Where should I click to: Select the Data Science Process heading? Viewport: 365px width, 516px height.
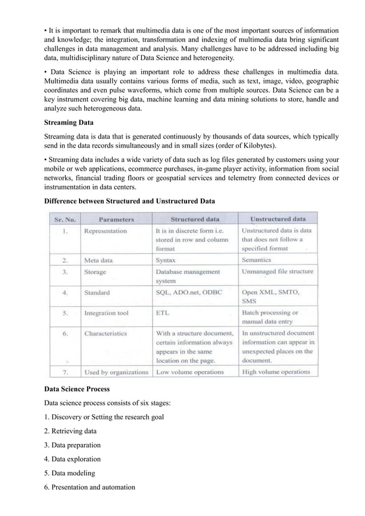pyautogui.click(x=77, y=389)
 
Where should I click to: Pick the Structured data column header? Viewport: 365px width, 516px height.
pyautogui.click(x=194, y=219)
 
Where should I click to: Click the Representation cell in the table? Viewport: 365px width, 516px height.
pyautogui.click(x=105, y=232)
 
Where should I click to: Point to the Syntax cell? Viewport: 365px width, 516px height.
pyautogui.click(x=166, y=260)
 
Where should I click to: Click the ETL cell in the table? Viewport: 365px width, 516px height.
pyautogui.click(x=162, y=313)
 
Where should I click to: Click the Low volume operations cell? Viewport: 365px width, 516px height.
pyautogui.click(x=190, y=372)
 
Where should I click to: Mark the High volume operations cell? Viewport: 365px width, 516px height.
pyautogui.click(x=276, y=372)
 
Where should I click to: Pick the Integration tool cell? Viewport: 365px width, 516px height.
pyautogui.click(x=106, y=313)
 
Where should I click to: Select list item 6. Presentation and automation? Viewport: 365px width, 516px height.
pyautogui.click(x=90, y=487)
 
